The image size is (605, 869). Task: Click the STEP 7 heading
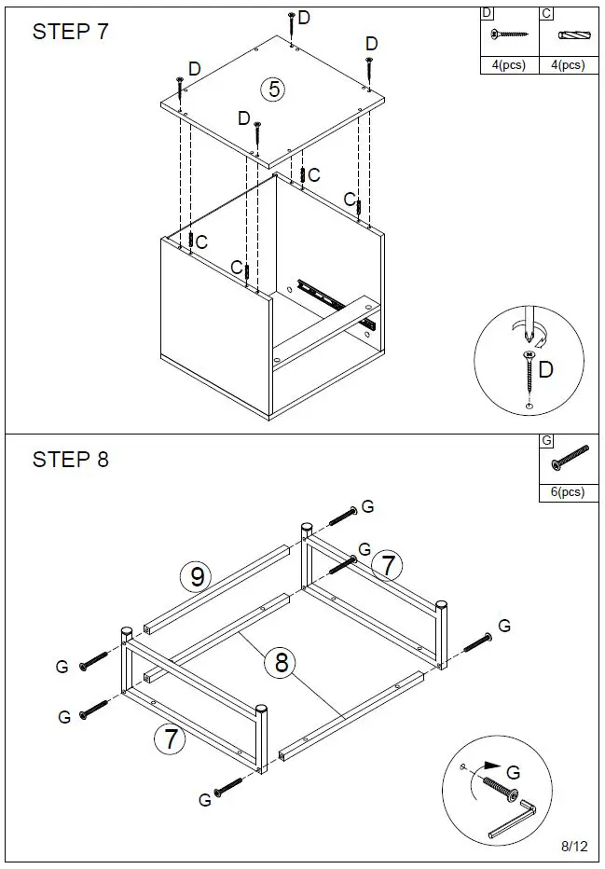click(x=70, y=32)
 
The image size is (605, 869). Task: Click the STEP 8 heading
click(x=70, y=460)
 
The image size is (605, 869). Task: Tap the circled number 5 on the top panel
click(x=273, y=90)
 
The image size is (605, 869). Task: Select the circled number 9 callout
click(x=197, y=577)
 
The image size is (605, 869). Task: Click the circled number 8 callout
click(x=281, y=663)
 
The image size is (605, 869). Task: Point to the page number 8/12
click(x=574, y=847)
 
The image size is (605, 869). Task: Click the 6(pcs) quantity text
click(x=568, y=491)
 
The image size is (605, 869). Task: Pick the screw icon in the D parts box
click(x=508, y=34)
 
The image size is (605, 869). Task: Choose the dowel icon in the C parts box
click(x=568, y=35)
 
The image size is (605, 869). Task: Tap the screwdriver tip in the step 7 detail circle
click(x=527, y=334)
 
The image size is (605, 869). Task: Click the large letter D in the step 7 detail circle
click(x=546, y=370)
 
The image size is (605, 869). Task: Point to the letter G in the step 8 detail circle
click(x=512, y=772)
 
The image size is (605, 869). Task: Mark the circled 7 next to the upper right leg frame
click(x=387, y=565)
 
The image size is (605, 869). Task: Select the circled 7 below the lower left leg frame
click(x=170, y=739)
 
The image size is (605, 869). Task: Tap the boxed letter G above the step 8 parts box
click(x=546, y=440)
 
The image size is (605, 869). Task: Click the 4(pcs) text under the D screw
click(x=508, y=65)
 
